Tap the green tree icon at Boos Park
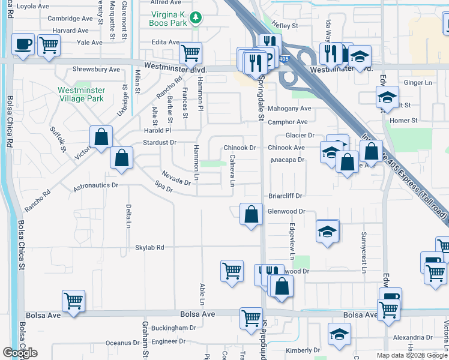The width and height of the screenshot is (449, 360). click(x=194, y=19)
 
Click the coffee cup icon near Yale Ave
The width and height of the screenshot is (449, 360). click(x=22, y=44)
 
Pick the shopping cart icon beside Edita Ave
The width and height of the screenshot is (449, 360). click(x=190, y=52)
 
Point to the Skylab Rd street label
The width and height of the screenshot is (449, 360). click(x=149, y=247)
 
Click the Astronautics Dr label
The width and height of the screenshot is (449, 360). click(x=96, y=187)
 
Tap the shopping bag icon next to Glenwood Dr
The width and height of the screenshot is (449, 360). click(x=251, y=214)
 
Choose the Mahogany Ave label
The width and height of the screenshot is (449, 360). click(x=289, y=109)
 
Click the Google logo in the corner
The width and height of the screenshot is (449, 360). click(x=20, y=353)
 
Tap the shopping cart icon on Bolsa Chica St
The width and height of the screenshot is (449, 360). click(x=73, y=300)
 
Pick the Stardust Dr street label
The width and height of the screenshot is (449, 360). click(x=159, y=143)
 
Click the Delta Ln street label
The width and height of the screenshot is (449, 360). click(x=128, y=217)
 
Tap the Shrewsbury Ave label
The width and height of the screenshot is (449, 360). click(x=96, y=70)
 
